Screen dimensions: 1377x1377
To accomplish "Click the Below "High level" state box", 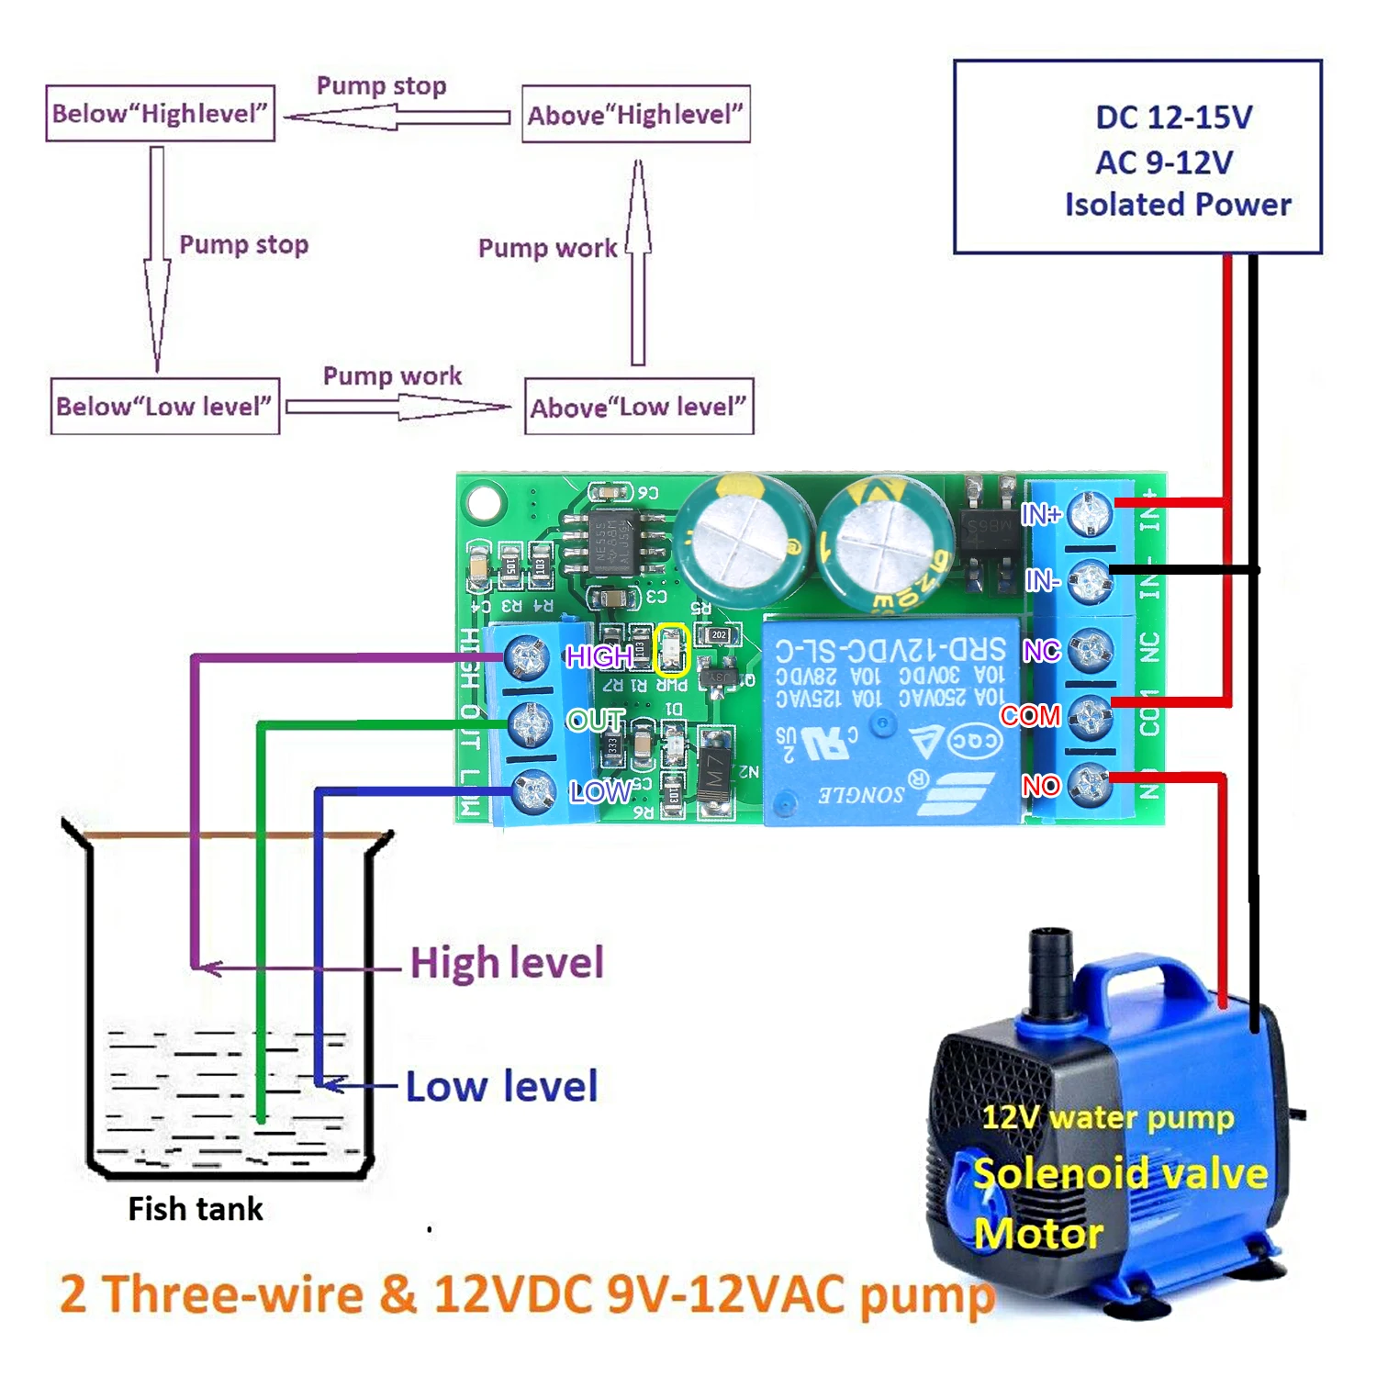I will (x=161, y=114).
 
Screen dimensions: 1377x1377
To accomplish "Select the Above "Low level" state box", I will (x=639, y=407).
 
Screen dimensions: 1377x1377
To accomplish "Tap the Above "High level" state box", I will (x=635, y=115).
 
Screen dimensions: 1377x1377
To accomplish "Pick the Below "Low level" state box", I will (x=164, y=406).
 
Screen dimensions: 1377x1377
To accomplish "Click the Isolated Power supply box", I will (x=1137, y=157).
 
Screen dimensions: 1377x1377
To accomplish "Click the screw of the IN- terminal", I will (x=1091, y=580).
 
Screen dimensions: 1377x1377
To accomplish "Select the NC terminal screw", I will (x=1091, y=650).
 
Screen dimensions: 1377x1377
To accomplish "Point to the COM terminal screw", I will (x=1091, y=716).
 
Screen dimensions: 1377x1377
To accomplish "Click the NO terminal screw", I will (x=1091, y=783).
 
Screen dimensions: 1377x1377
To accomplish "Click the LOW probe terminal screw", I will (x=532, y=791).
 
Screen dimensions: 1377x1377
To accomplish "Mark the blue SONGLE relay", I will (x=890, y=721).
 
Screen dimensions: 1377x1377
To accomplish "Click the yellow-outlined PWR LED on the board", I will (x=672, y=652).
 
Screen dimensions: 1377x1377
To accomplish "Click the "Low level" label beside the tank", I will (x=501, y=1086).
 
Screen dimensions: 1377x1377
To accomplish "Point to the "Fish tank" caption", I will (x=196, y=1209).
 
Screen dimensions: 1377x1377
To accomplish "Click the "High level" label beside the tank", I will (x=507, y=963).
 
